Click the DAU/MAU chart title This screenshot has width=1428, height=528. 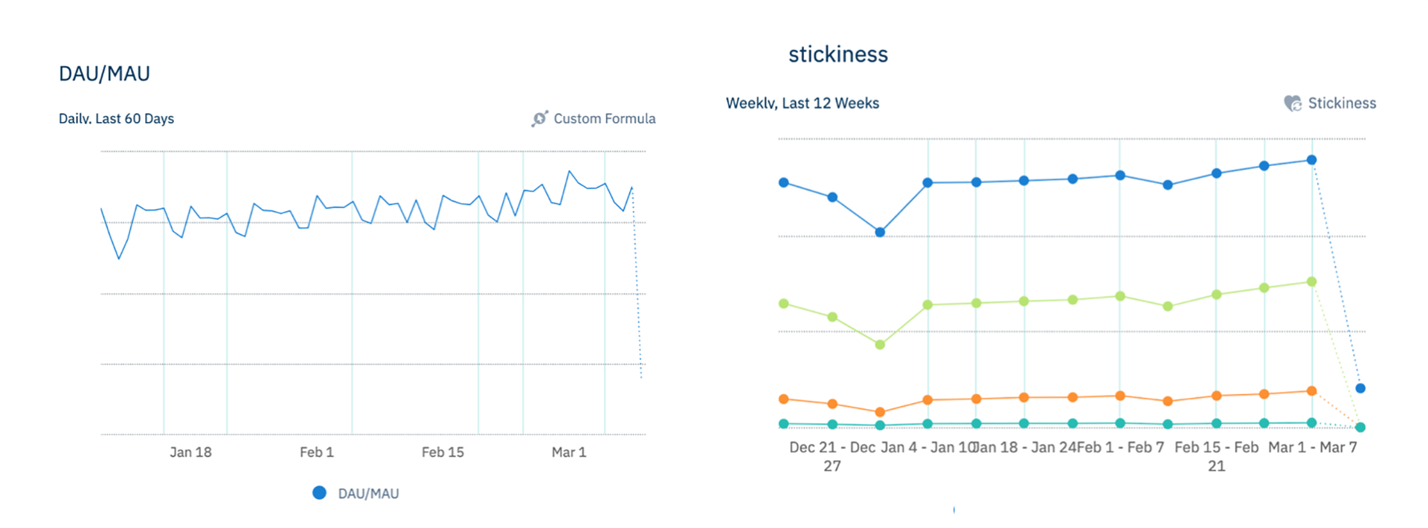(104, 74)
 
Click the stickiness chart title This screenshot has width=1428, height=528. (837, 54)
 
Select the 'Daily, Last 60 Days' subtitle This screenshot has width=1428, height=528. (116, 119)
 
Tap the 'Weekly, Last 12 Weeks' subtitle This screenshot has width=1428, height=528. (802, 103)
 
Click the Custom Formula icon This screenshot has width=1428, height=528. (539, 119)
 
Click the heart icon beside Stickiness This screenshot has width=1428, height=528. (1293, 103)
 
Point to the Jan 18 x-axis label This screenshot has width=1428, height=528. (190, 452)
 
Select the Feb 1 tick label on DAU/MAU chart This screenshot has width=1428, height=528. (316, 452)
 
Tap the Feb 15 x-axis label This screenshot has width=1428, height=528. (443, 452)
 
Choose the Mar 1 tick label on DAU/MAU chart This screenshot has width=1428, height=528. (569, 452)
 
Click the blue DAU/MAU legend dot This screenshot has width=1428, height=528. (319, 493)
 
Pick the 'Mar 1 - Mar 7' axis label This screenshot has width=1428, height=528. (1312, 448)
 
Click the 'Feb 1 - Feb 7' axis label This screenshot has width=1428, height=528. (1120, 448)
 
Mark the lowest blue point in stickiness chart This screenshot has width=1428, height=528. (880, 232)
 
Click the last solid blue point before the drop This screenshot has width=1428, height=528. (1312, 160)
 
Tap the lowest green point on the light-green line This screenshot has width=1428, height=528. (880, 344)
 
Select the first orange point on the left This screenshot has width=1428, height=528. (784, 399)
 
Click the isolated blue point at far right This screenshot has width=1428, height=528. (1360, 388)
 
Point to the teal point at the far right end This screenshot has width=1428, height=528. (1360, 428)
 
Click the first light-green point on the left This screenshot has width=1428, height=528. (784, 303)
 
